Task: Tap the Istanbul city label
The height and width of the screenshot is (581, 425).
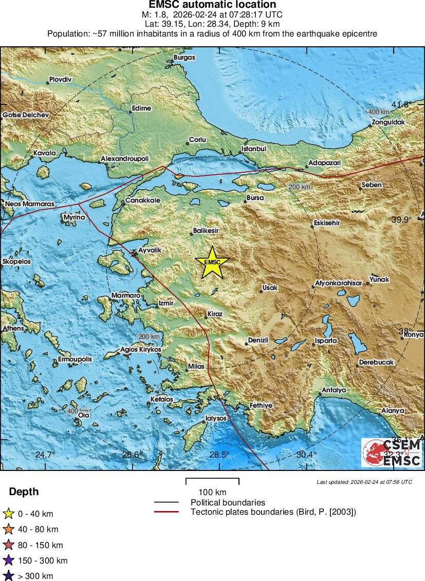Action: coord(254,149)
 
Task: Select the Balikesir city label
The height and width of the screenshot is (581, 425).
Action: coord(206,231)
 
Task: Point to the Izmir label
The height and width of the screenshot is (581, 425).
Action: coord(166,303)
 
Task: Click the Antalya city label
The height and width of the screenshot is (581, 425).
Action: coord(334,390)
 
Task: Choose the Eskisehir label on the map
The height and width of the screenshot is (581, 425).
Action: coord(326,224)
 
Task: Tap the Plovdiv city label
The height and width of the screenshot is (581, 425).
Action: coord(60,80)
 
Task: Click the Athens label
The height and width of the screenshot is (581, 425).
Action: coord(13,328)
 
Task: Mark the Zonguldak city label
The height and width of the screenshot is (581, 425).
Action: coord(389,122)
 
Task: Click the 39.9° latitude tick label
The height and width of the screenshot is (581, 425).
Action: coord(402,220)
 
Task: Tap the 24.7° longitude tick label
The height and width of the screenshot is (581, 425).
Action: coord(45,455)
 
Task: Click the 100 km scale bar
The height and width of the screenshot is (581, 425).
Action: coord(212,481)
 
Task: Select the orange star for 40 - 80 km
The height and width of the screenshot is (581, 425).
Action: coord(8,529)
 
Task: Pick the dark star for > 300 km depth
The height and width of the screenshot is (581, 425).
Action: coord(8,576)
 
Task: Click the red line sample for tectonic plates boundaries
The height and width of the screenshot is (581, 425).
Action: coord(166,512)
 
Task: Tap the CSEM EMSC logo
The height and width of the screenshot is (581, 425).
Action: coord(392,452)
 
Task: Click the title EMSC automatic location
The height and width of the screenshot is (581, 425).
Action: coord(212,5)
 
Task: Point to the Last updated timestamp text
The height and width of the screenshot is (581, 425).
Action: coord(364,482)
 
